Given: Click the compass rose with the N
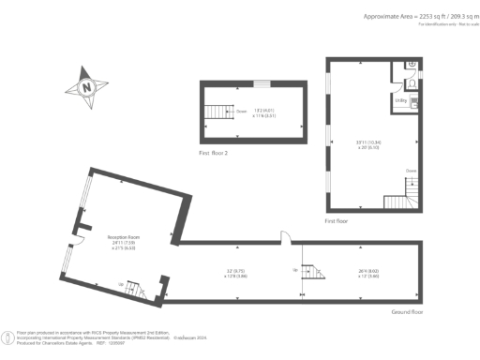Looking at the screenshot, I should pos(85,87).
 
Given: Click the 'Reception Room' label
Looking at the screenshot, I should pos(124,240).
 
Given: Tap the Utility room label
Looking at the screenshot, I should pos(399,99).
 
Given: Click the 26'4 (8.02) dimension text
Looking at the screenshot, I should pos(367,273).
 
